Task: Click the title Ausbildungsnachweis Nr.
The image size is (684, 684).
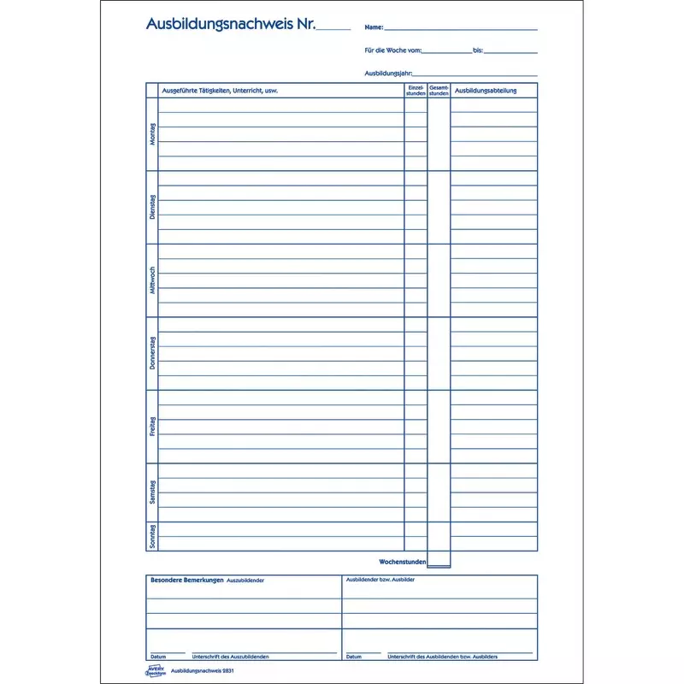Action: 232,25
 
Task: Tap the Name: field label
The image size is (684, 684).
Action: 374,28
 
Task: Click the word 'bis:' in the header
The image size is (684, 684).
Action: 478,51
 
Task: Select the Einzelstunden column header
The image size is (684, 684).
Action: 416,91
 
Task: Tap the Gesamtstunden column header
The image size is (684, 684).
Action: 439,91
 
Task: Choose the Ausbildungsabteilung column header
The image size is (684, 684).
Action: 486,91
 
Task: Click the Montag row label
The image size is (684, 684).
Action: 152,134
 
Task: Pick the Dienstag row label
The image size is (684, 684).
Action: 152,208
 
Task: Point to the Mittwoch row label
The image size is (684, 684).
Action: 152,280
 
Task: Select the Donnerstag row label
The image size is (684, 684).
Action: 152,354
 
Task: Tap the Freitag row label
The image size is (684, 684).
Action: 152,427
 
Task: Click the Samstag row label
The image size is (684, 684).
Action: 152,492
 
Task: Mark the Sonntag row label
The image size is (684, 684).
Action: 152,536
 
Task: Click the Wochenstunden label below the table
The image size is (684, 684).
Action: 402,561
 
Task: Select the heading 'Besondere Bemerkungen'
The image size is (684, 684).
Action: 187,581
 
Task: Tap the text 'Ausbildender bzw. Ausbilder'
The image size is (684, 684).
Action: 380,580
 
